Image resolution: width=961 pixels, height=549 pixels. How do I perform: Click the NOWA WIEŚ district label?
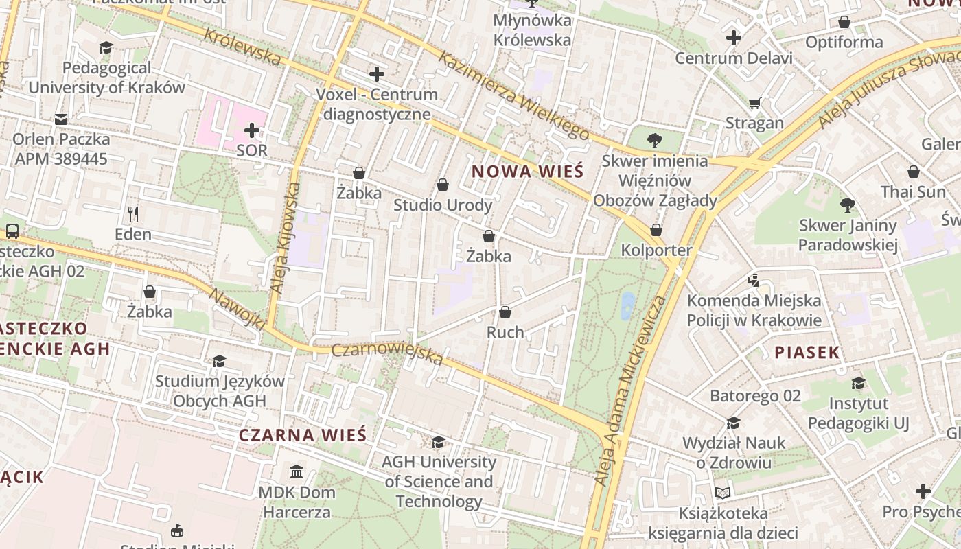(528, 171)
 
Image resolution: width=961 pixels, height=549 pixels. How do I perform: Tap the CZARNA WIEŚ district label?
(303, 435)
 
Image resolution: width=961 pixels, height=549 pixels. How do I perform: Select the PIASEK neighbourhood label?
(807, 353)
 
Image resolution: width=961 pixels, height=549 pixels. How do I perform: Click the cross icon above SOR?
(252, 130)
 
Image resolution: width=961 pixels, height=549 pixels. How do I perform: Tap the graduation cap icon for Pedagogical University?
(106, 47)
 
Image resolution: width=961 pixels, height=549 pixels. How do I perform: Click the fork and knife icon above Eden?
(133, 214)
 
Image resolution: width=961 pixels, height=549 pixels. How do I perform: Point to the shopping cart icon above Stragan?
(754, 104)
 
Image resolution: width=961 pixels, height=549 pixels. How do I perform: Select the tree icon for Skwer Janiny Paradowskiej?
(848, 205)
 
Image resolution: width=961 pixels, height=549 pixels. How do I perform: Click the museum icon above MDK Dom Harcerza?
(297, 471)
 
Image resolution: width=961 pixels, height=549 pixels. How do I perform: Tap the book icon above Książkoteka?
(722, 492)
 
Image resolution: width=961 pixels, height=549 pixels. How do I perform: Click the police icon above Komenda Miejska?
(754, 280)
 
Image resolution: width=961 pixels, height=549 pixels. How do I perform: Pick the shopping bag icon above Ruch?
(505, 312)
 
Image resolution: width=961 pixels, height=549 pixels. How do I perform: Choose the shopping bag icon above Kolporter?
(656, 230)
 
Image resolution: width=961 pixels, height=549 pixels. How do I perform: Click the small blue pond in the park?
(627, 306)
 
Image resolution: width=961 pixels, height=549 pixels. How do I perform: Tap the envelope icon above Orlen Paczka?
(61, 119)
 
